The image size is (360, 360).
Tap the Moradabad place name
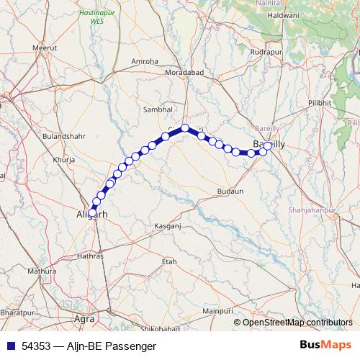[186, 74]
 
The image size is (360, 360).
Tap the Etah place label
[170, 262]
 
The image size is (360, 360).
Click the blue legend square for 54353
[9, 346]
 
